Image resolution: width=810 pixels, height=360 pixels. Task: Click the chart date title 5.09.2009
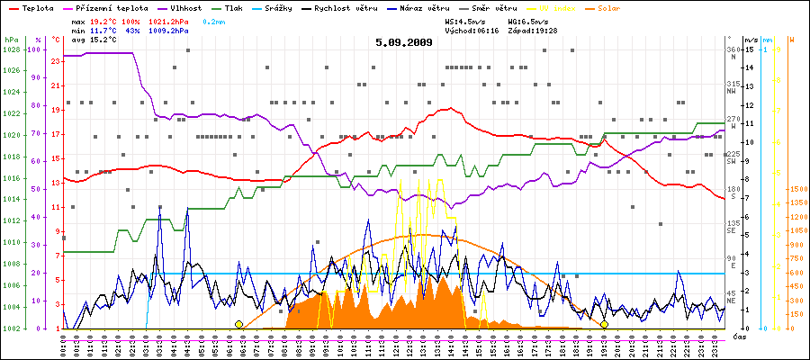404,42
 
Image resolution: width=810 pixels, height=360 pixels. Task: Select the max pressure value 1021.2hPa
171,19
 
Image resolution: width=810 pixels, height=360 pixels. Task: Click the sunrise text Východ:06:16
472,31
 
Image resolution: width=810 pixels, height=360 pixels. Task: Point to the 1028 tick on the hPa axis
11,49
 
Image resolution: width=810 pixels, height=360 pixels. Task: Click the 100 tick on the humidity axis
36,49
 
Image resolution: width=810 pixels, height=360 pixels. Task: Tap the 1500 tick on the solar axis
796,190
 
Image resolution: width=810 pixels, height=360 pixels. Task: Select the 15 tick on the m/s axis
750,49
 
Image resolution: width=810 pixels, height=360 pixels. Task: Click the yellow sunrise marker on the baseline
238,324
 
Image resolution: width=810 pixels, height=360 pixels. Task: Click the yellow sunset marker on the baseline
604,324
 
